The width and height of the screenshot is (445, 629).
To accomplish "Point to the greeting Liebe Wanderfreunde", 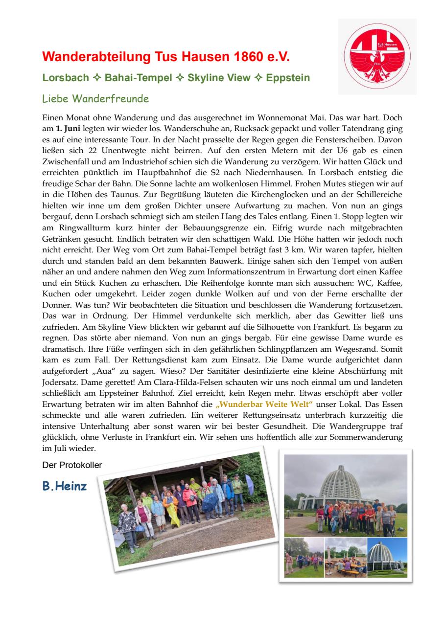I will (x=95, y=99).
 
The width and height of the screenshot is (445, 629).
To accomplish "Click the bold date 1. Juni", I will (x=69, y=129).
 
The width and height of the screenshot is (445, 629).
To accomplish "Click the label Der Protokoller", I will (x=72, y=466).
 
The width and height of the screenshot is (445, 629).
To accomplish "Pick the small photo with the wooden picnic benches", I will (x=346, y=558).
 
